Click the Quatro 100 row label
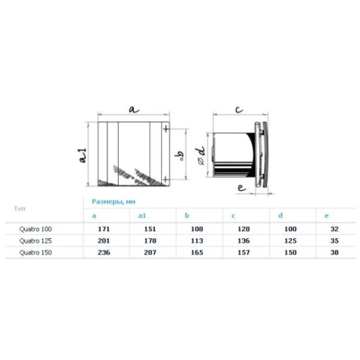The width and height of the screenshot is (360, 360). point(35,229)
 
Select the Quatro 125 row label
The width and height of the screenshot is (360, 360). point(35,240)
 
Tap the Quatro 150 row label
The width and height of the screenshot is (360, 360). point(35,253)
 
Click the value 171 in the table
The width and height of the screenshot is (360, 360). point(104,229)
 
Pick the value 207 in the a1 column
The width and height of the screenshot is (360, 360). point(150,253)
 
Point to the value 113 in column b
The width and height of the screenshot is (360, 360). point(197,240)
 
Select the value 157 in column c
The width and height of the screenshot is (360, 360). point(244,253)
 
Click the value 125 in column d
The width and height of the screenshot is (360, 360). point(290,240)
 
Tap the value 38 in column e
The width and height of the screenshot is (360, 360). point(334,253)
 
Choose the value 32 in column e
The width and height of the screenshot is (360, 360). point(334,229)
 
